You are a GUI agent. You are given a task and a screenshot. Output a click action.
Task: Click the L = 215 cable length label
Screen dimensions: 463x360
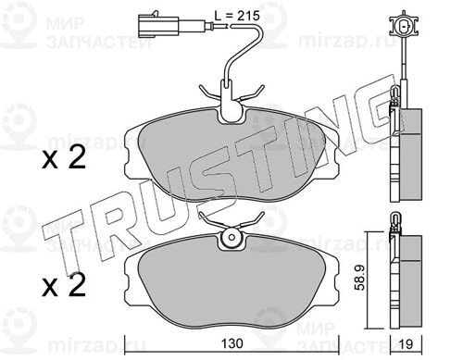237,16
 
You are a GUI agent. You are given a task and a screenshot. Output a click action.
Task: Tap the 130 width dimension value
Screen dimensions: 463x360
232,343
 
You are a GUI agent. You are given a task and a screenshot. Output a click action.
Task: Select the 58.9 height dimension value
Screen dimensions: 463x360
360,278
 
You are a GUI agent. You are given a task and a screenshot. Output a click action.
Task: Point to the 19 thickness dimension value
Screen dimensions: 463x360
406,344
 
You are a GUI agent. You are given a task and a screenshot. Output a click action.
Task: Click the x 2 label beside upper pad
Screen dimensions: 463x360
64,158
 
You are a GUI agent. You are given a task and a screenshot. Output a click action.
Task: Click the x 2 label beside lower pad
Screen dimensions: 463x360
64,286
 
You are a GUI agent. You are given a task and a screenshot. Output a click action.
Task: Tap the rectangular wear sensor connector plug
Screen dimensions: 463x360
158,26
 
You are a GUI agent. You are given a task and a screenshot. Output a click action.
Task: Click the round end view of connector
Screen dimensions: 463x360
404,26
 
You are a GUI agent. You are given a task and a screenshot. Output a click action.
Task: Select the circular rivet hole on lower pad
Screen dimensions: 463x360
231,237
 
